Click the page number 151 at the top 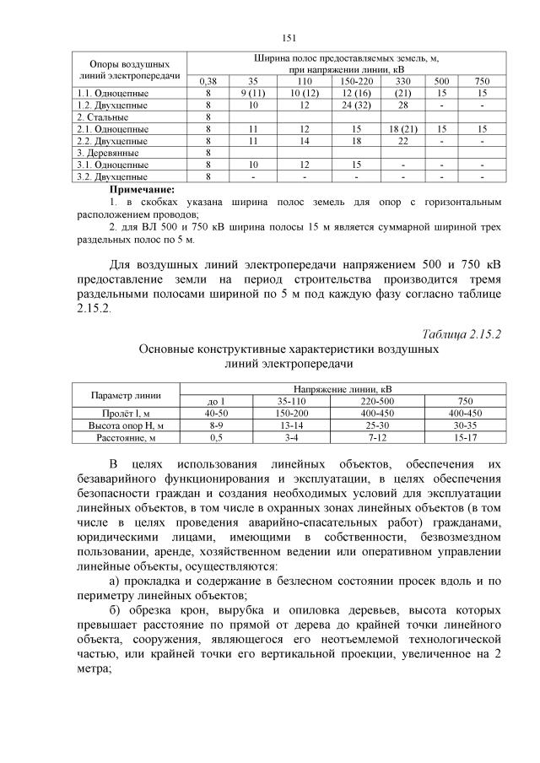[x=288, y=37]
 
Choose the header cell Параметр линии [x=125, y=393]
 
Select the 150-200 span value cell [x=292, y=412]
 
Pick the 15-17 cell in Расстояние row [x=465, y=439]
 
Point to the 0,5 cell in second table [x=216, y=439]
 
